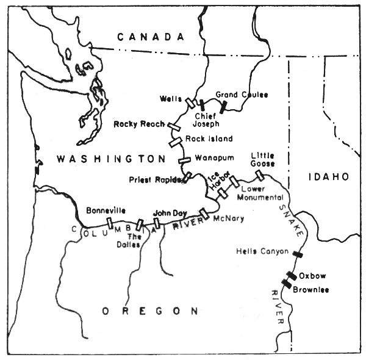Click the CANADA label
tap(151, 37)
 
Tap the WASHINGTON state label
tap(110, 159)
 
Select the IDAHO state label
tap(328, 176)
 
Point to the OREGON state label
tap(150, 311)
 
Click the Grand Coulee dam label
tap(242, 95)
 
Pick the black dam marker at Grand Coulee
tap(224, 107)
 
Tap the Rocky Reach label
tap(138, 124)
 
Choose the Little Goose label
tap(262, 160)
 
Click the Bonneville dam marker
tap(109, 222)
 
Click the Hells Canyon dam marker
tap(297, 254)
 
